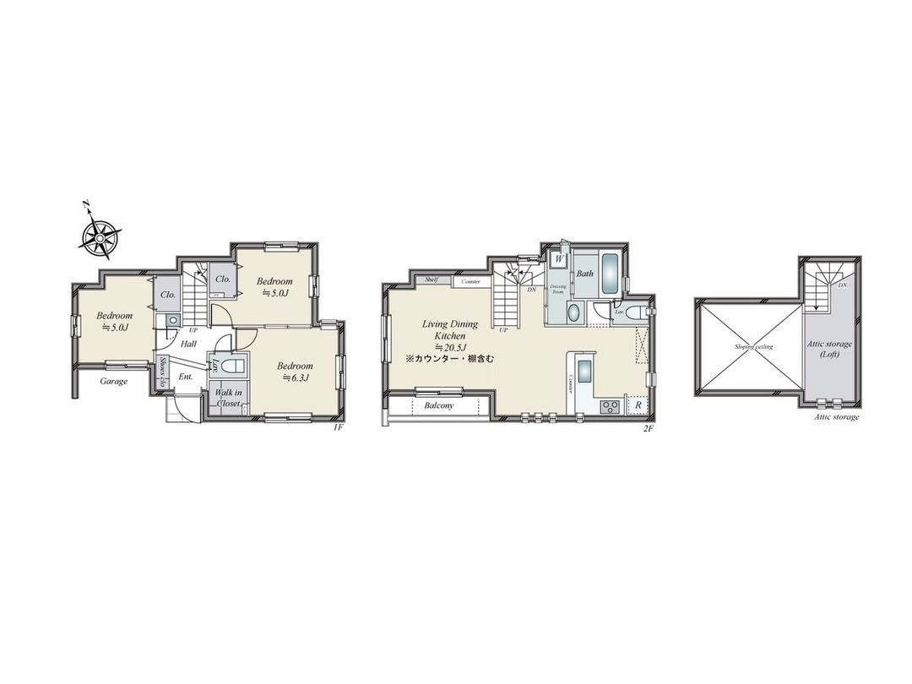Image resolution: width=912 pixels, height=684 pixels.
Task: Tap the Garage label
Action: pyautogui.click(x=113, y=381)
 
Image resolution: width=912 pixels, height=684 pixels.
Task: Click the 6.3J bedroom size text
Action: pyautogui.click(x=296, y=377)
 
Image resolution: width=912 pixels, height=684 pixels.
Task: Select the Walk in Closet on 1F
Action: pyautogui.click(x=227, y=398)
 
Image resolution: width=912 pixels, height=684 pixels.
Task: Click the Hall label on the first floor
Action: pyautogui.click(x=189, y=344)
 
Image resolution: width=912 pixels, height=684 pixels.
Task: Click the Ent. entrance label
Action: pyautogui.click(x=186, y=377)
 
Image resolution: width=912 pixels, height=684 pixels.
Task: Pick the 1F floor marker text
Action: pyautogui.click(x=337, y=428)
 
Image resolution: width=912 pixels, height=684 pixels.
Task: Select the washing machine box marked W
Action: pyautogui.click(x=558, y=259)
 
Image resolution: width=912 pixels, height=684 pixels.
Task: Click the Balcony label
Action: pyautogui.click(x=438, y=405)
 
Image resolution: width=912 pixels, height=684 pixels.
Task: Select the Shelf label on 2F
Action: pyautogui.click(x=432, y=280)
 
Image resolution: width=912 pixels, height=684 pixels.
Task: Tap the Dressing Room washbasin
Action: pyautogui.click(x=573, y=312)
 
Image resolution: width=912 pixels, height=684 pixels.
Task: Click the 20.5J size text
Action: pyautogui.click(x=452, y=347)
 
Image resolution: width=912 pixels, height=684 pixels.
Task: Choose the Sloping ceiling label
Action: pyautogui.click(x=747, y=347)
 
